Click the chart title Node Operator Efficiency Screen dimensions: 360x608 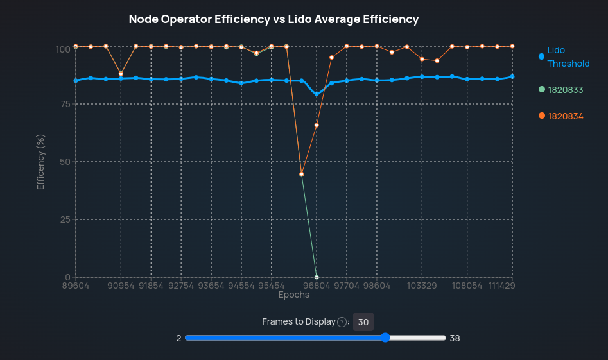pos(274,19)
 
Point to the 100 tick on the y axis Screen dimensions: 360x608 pos(62,49)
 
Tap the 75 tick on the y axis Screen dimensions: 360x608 pos(64,104)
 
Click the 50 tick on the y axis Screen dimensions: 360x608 pos(64,162)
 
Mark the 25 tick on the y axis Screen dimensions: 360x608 pos(64,219)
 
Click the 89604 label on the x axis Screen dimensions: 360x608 pos(76,285)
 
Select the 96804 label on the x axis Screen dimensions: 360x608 pos(317,285)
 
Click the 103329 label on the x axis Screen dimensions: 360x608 pos(422,285)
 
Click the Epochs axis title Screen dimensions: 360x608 pos(294,295)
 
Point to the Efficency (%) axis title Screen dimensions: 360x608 pos(41,162)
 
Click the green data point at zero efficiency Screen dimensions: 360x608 pos(317,277)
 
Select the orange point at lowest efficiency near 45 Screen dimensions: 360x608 pos(302,174)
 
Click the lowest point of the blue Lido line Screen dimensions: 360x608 pos(317,94)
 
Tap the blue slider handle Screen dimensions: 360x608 pos(385,338)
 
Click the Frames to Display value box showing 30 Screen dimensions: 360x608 pos(363,322)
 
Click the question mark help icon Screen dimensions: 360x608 pos(342,322)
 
